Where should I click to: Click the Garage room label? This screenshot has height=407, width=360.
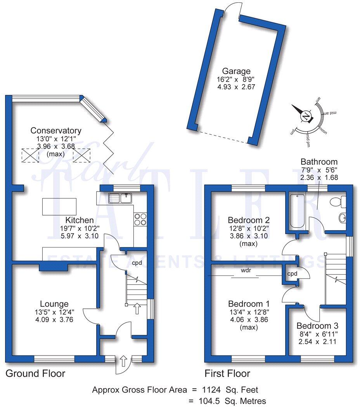click(x=236, y=71)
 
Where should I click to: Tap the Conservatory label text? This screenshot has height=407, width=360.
click(x=56, y=130)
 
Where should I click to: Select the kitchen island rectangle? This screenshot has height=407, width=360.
click(x=59, y=206)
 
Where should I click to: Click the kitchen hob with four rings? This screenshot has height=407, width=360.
click(x=140, y=219)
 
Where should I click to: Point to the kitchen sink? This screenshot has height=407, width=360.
click(x=121, y=198)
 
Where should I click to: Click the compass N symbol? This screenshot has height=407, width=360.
click(x=306, y=117)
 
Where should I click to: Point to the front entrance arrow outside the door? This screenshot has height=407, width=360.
click(x=124, y=360)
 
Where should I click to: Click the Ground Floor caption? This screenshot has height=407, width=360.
click(x=35, y=374)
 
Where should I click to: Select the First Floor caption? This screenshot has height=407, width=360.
click(x=227, y=374)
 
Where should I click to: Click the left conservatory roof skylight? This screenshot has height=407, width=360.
click(x=30, y=156)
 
